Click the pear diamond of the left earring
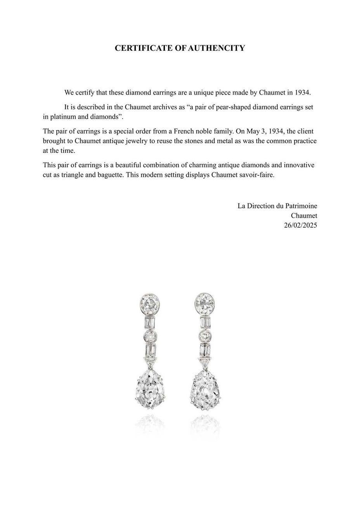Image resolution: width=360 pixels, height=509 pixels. point(150,391)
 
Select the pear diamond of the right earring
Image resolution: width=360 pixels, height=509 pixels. point(206,391)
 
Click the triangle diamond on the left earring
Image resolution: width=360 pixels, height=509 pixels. point(150,364)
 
